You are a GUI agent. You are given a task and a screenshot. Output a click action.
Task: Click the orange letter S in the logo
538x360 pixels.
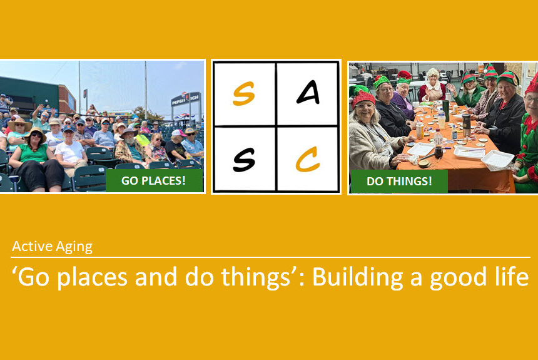point(243,93)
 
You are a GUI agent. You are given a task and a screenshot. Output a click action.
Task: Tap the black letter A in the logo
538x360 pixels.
point(308,92)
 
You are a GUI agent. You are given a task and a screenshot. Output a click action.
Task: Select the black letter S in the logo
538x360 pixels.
point(244,160)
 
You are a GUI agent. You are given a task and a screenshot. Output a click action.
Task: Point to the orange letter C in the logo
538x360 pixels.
point(308,159)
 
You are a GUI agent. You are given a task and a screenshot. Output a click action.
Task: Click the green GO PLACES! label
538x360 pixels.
point(154,180)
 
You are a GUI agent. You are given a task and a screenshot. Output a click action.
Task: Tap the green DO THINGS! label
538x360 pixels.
point(399,181)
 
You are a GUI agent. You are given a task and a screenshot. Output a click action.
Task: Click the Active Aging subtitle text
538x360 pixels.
point(52,247)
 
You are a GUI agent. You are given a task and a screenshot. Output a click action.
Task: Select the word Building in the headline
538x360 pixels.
point(358,277)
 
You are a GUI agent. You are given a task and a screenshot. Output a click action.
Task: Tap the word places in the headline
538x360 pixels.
point(93,277)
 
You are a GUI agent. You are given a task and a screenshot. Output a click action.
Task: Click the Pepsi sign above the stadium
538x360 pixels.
point(186,99)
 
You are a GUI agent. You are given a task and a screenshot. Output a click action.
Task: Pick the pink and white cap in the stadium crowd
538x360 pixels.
point(178,133)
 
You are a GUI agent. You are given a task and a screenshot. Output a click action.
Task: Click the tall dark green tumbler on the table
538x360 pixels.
point(445,111)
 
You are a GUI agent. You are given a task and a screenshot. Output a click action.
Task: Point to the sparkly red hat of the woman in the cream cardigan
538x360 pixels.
point(363,98)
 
